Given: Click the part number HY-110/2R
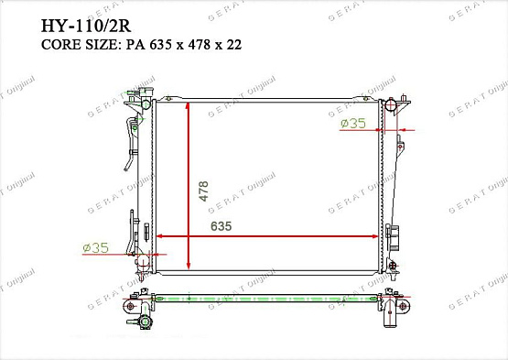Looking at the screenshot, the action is (x=86, y=27).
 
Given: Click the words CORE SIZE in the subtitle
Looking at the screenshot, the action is (x=79, y=45).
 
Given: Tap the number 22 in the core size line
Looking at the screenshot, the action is (x=234, y=45).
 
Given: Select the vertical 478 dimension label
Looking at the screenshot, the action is (x=203, y=191).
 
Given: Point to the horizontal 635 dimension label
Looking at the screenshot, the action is (x=221, y=226).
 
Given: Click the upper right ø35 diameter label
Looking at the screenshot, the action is (x=353, y=124).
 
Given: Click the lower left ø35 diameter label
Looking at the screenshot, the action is (x=95, y=248).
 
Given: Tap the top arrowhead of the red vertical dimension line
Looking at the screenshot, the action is (x=188, y=105).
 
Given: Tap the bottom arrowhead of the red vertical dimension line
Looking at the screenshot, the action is (x=189, y=266).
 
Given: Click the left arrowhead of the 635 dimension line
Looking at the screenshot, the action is (x=160, y=236).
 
